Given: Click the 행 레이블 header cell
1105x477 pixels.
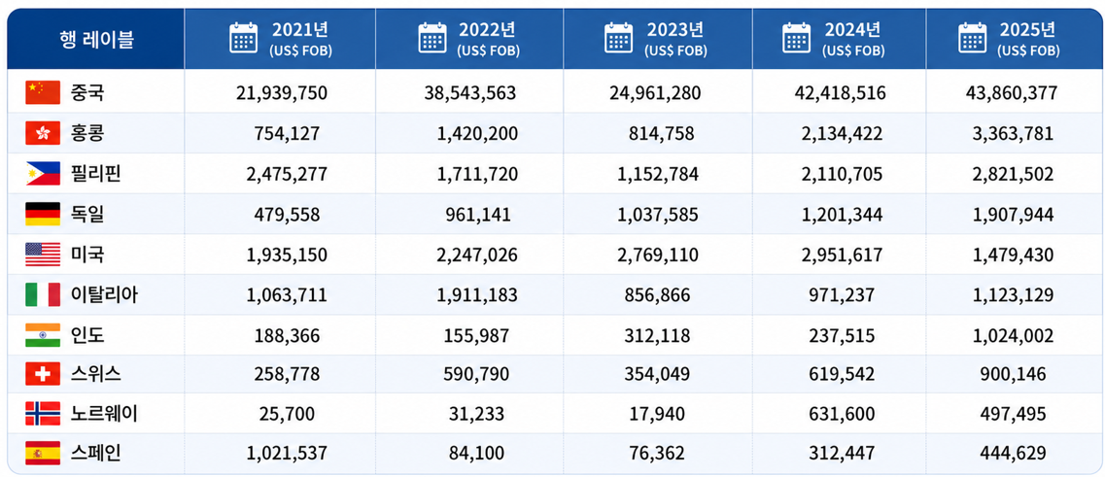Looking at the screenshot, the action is click(96, 39).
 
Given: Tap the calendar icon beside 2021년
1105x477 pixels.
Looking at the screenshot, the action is click(244, 38).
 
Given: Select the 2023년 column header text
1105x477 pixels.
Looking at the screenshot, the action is click(675, 29).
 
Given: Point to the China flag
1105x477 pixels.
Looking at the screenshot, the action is click(43, 92).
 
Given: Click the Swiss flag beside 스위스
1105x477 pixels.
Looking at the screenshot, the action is click(43, 373).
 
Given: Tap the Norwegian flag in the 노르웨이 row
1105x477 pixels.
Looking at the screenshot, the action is click(43, 414).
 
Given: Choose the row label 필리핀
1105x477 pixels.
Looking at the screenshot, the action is click(96, 173).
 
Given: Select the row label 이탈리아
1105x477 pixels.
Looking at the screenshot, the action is click(104, 294).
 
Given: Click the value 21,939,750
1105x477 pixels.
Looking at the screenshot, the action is click(282, 93).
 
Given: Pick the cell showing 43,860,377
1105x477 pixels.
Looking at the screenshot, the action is click(1012, 93).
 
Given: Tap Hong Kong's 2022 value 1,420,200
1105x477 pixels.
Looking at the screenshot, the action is click(477, 133).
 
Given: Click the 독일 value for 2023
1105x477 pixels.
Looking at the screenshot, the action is click(658, 214).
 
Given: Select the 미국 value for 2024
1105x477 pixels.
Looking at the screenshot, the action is click(842, 255).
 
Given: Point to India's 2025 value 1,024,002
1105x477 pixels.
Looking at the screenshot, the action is click(1016, 335).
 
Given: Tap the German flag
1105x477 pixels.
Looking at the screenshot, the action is click(43, 214).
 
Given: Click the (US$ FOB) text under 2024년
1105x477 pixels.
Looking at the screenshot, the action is click(852, 51).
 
